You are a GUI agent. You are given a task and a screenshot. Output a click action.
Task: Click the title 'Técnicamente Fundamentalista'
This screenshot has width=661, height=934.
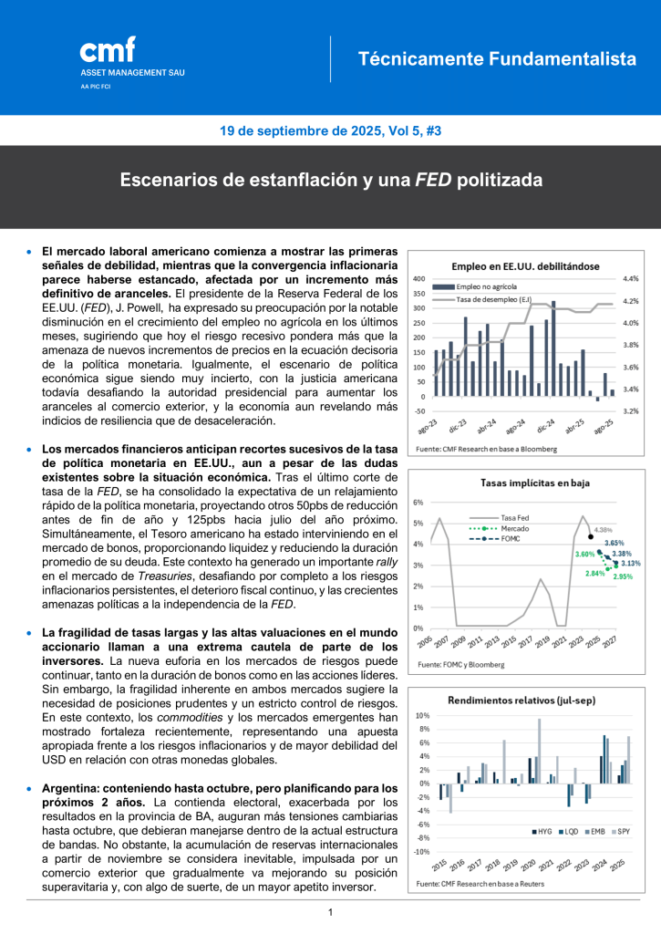click(x=497, y=59)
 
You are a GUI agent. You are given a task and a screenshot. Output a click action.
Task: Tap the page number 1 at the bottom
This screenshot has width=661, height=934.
click(x=330, y=912)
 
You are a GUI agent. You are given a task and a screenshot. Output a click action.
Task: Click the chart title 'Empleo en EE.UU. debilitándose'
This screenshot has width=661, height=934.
click(x=526, y=266)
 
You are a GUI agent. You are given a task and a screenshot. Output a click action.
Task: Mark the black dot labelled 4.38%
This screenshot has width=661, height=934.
click(x=592, y=537)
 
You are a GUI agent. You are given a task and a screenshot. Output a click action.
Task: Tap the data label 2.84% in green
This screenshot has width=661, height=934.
click(x=594, y=573)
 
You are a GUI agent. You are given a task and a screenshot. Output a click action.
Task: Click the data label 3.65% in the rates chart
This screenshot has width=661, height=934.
click(x=615, y=543)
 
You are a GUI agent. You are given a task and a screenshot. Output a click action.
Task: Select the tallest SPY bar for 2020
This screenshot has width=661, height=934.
click(x=539, y=751)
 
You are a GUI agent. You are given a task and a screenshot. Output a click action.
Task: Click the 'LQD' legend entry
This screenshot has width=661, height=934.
click(x=572, y=832)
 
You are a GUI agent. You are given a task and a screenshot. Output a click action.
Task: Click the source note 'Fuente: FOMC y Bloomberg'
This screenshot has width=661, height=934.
click(x=460, y=664)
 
